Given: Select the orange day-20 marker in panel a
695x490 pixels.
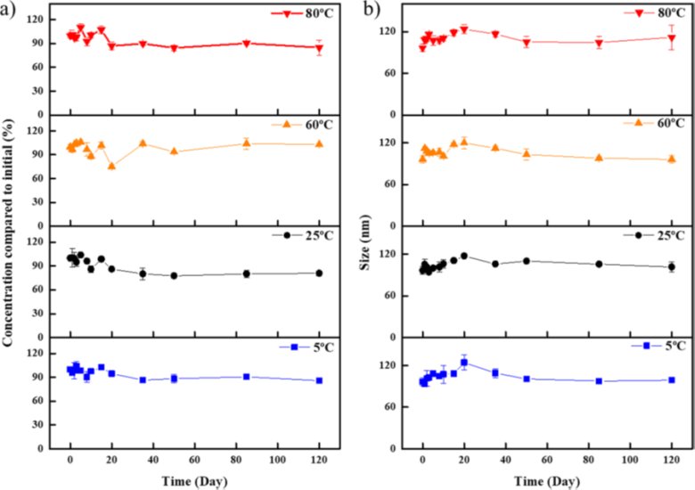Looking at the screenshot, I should (111, 167).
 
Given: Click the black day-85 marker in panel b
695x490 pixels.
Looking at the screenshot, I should (599, 264).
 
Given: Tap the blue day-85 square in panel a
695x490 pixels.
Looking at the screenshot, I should (246, 377).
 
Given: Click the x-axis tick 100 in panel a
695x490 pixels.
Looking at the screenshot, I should (277, 459).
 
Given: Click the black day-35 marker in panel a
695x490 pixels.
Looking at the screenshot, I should (143, 274).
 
